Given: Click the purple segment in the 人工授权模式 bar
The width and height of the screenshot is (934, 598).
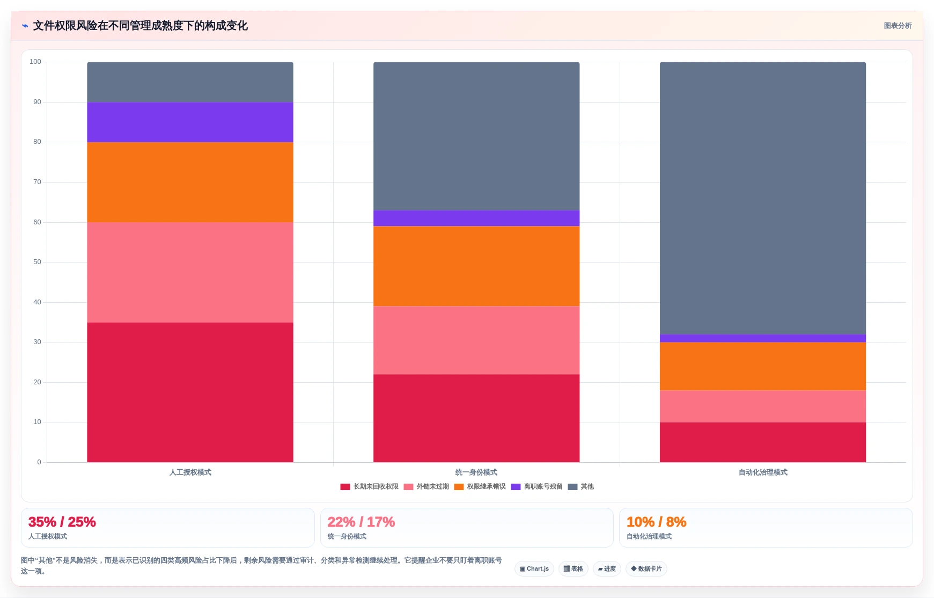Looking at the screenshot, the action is click(x=190, y=122).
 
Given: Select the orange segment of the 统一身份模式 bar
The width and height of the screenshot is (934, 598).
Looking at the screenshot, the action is click(x=476, y=266).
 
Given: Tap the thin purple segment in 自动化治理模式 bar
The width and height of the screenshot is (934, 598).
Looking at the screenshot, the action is click(x=763, y=338).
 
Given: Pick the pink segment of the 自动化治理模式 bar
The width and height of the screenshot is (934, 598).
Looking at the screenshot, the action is click(x=763, y=406).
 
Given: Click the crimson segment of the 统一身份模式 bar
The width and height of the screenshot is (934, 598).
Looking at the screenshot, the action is click(x=476, y=418).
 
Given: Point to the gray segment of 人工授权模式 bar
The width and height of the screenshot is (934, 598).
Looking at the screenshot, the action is click(x=190, y=82).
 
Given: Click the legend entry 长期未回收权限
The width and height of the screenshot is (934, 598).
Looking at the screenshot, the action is click(x=370, y=487).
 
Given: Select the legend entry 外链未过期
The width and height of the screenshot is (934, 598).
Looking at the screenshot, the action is click(x=426, y=487).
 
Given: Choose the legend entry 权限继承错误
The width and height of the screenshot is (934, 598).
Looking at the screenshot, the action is click(x=480, y=487).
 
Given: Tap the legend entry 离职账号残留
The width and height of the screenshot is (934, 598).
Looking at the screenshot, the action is click(x=537, y=487).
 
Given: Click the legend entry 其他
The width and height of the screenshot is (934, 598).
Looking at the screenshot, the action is click(x=581, y=487).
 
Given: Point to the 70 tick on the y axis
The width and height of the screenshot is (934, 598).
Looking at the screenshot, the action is click(x=37, y=182).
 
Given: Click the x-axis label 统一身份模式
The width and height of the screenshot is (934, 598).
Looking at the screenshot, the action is click(x=476, y=472).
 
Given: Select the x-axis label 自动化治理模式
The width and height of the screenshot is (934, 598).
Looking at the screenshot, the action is click(x=763, y=472).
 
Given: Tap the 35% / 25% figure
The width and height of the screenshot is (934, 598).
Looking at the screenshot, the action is click(x=62, y=522).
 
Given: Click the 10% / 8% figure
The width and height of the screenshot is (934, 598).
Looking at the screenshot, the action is click(x=657, y=522).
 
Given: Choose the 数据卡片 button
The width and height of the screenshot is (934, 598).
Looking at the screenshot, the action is click(x=646, y=568).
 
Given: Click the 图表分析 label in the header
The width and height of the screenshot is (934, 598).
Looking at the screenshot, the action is click(x=898, y=26).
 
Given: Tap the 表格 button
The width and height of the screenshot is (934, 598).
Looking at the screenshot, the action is click(x=573, y=568).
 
